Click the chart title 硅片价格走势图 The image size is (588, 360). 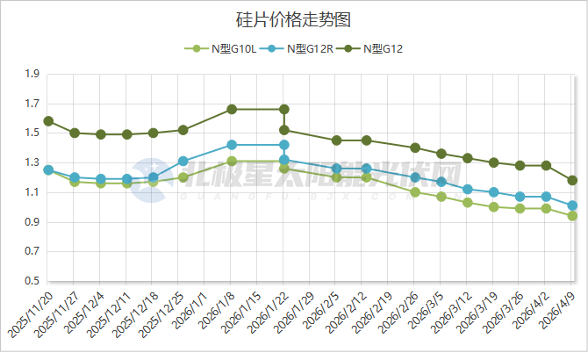click(x=294, y=18)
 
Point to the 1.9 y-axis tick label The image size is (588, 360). click(x=32, y=75)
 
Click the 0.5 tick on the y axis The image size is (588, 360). click(x=32, y=281)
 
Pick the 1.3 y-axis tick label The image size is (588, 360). click(x=32, y=163)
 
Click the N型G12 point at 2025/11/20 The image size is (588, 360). click(x=48, y=121)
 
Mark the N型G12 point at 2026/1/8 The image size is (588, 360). click(x=232, y=110)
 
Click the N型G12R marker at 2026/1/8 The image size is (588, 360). click(x=232, y=145)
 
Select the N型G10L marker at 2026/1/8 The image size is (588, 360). click(x=232, y=162)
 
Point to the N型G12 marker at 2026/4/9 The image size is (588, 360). click(x=572, y=180)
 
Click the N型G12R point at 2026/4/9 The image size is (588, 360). click(x=572, y=205)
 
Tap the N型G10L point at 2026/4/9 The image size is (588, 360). click(x=572, y=216)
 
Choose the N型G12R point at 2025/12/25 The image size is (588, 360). click(x=183, y=162)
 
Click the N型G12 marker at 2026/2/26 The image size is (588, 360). click(x=415, y=148)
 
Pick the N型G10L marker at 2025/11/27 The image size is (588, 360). click(x=75, y=182)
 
